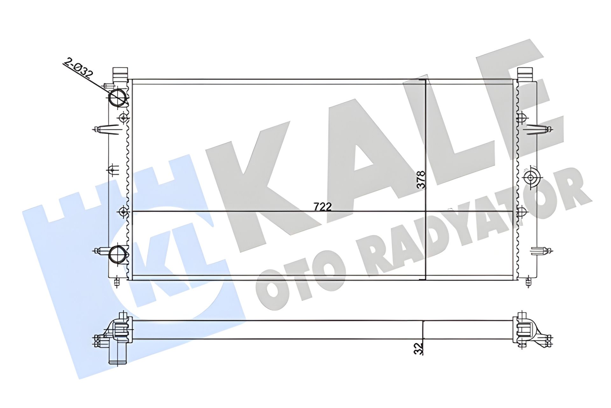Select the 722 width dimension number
click(x=322, y=207)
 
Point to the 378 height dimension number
click(x=421, y=180)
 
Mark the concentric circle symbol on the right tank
click(x=530, y=178)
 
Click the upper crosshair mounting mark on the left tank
click(x=123, y=118)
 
